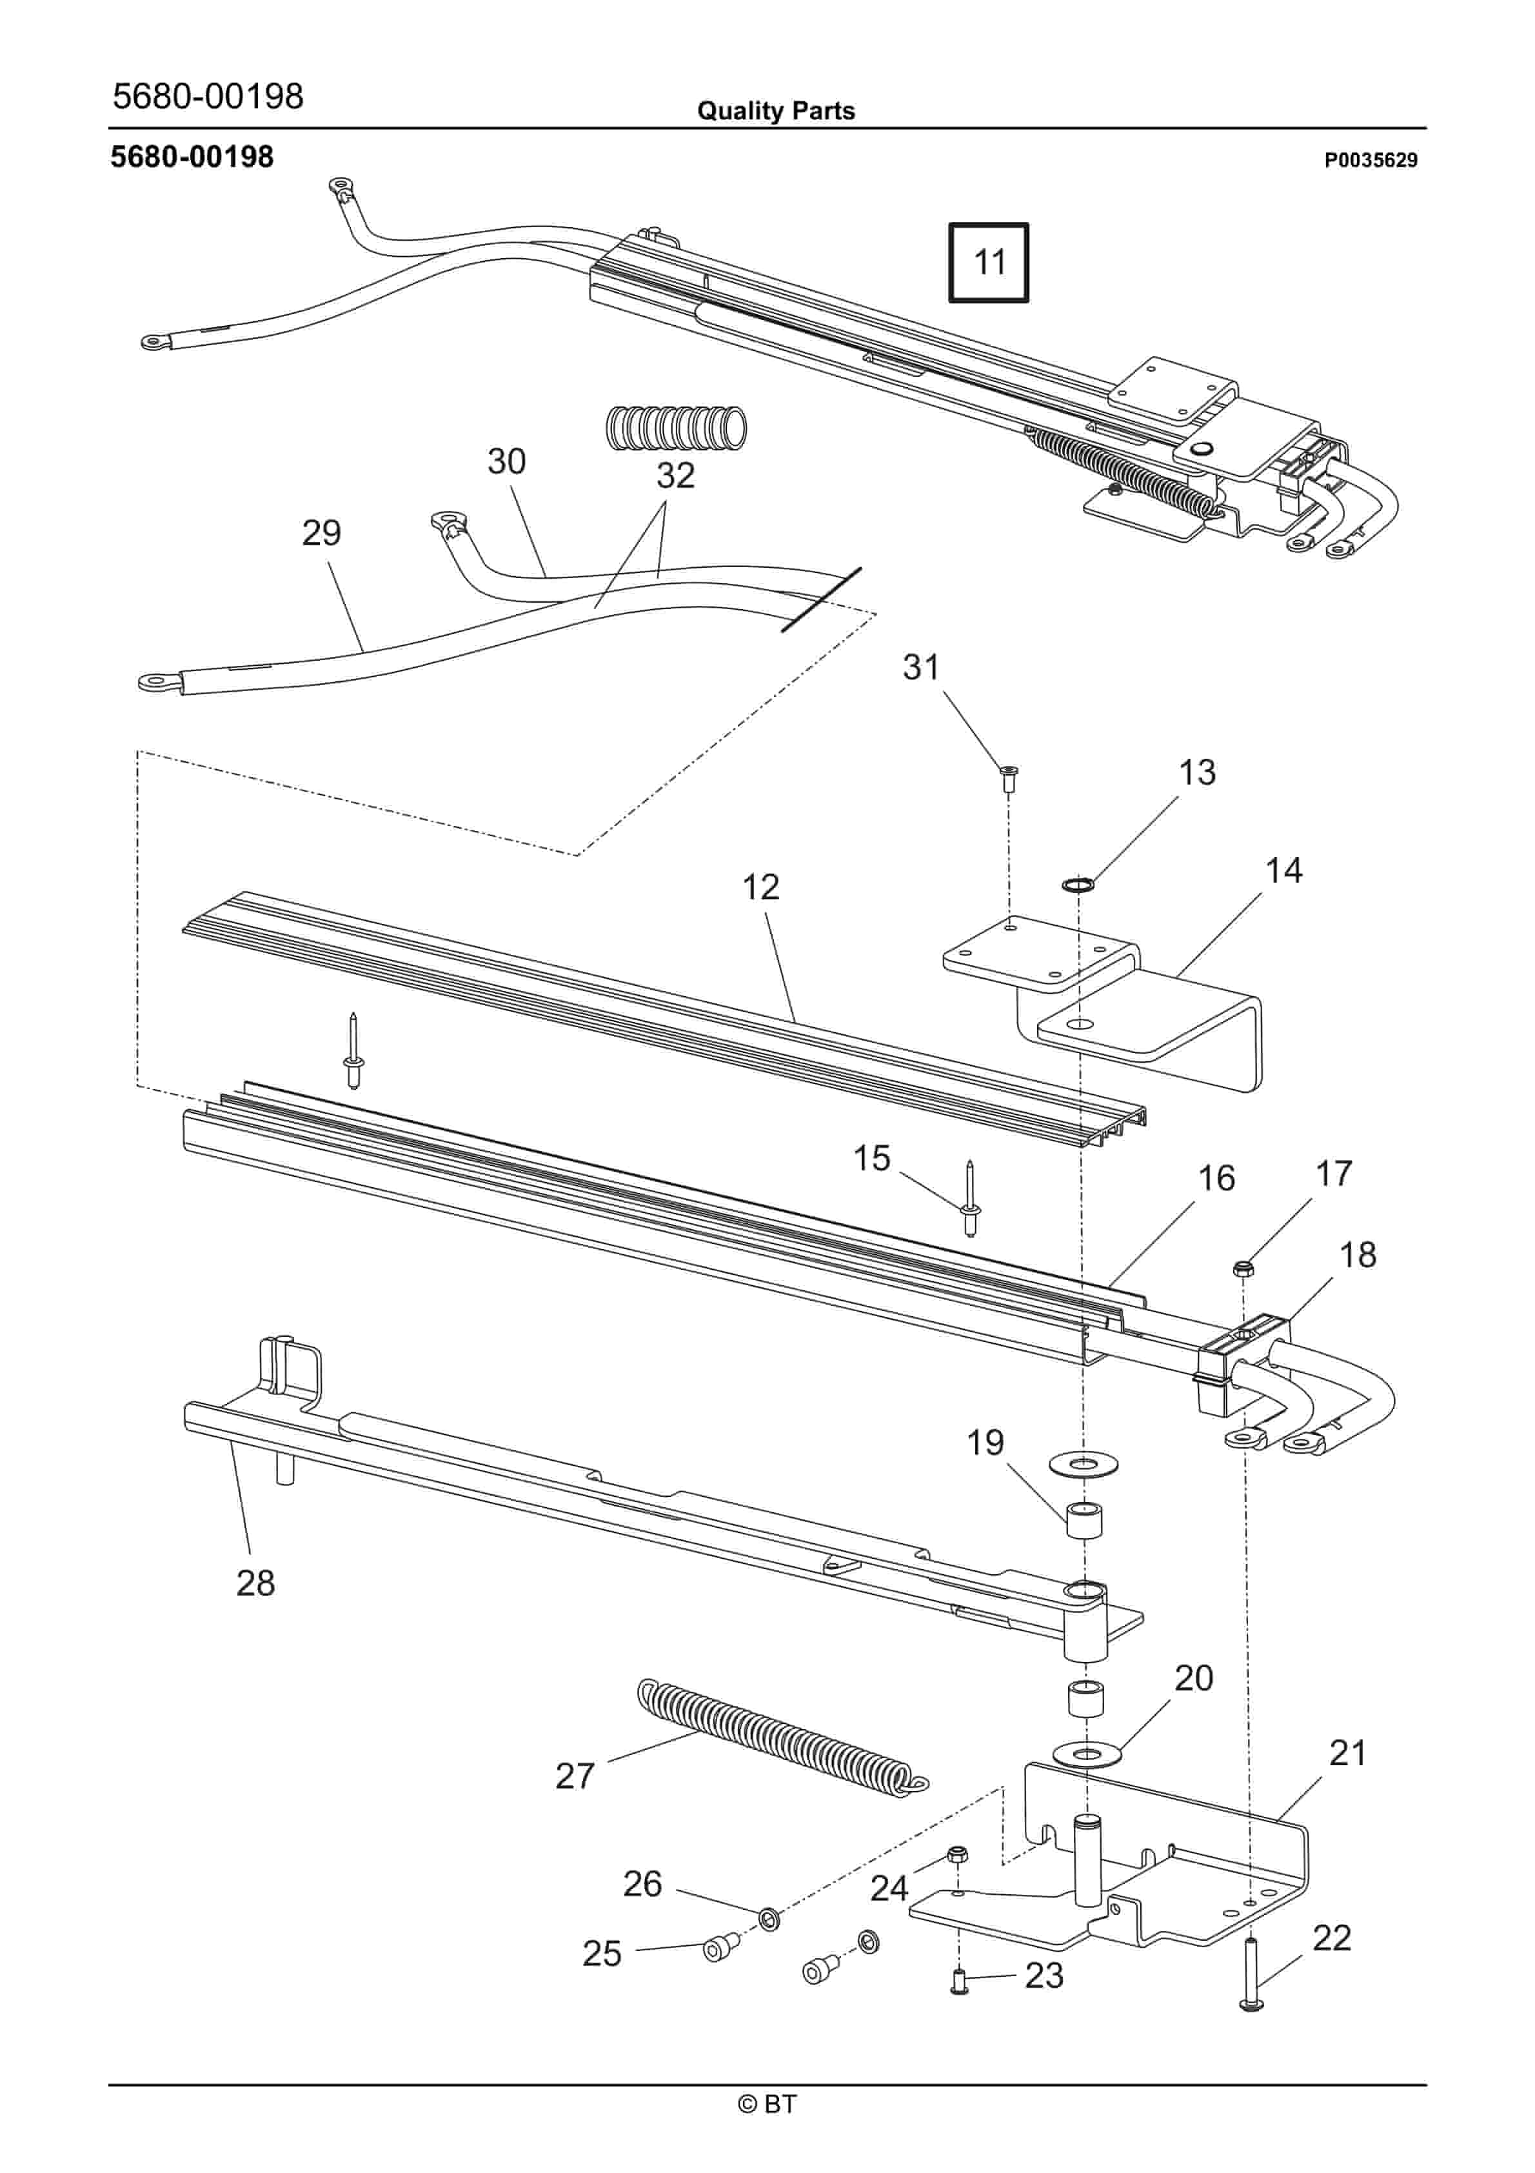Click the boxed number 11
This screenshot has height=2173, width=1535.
coord(989,262)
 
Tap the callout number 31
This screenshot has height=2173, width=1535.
coord(921,667)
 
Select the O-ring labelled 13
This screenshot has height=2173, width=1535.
coord(1078,885)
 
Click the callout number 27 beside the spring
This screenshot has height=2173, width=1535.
coord(575,1776)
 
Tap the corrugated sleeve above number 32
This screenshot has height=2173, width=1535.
coord(675,428)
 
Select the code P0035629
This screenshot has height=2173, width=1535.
coord(1371,160)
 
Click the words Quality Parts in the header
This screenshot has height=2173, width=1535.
coord(775,111)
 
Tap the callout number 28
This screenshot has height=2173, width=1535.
coord(255,1583)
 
